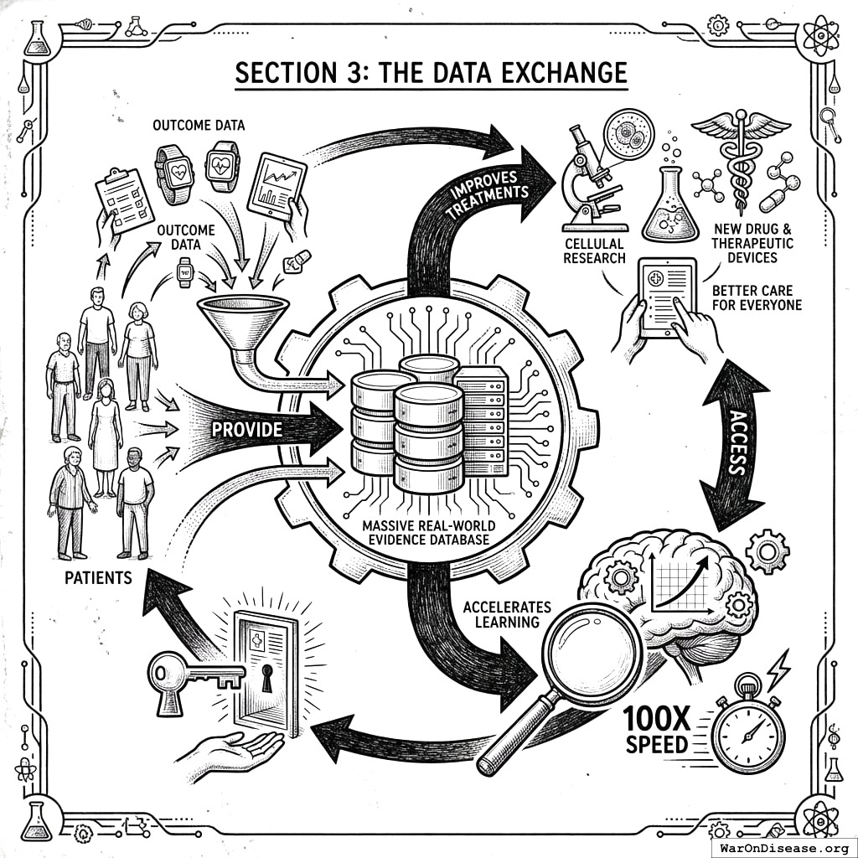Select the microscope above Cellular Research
coord(592,180)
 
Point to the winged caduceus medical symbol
coord(741,159)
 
